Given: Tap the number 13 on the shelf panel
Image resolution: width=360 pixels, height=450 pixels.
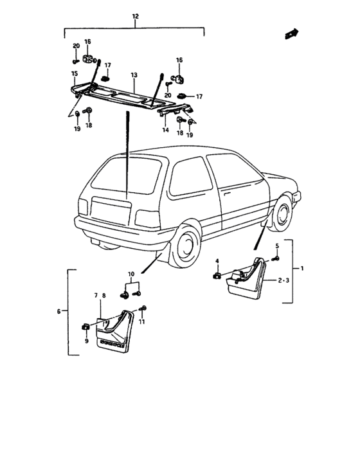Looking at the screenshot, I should [133, 75].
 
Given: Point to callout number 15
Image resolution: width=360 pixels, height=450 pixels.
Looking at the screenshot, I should [75, 74].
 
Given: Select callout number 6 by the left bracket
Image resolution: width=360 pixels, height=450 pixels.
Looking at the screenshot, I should [59, 312].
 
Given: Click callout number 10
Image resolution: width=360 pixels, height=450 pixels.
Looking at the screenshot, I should [130, 274].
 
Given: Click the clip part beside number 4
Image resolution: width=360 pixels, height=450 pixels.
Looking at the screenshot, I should [217, 276].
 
